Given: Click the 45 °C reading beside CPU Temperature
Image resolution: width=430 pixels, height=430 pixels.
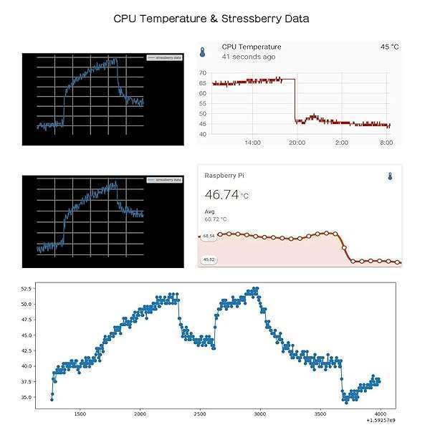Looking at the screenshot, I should pyautogui.click(x=389, y=47).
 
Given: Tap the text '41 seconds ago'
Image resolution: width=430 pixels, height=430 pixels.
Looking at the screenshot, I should pyautogui.click(x=249, y=56).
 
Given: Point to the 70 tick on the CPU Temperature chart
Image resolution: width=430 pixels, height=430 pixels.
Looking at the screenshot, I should pyautogui.click(x=203, y=73).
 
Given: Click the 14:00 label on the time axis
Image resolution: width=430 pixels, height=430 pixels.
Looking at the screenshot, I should pyautogui.click(x=252, y=143).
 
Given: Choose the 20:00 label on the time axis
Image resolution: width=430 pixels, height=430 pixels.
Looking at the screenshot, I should pyautogui.click(x=297, y=143).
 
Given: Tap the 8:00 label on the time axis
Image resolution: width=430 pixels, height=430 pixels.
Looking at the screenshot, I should pyautogui.click(x=386, y=143).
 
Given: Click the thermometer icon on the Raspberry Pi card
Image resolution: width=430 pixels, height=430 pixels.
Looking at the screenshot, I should pyautogui.click(x=391, y=176).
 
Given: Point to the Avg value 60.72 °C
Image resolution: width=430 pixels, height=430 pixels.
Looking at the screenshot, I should pyautogui.click(x=216, y=219).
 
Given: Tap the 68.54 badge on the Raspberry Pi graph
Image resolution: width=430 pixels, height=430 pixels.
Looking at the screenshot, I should pyautogui.click(x=209, y=236).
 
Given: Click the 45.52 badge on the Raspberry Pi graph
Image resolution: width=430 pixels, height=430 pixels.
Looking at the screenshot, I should pyautogui.click(x=209, y=259).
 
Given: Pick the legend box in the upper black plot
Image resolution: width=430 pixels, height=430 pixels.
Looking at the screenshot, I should pyautogui.click(x=164, y=57).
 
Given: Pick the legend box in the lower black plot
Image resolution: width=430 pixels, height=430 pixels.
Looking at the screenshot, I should pyautogui.click(x=164, y=180).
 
